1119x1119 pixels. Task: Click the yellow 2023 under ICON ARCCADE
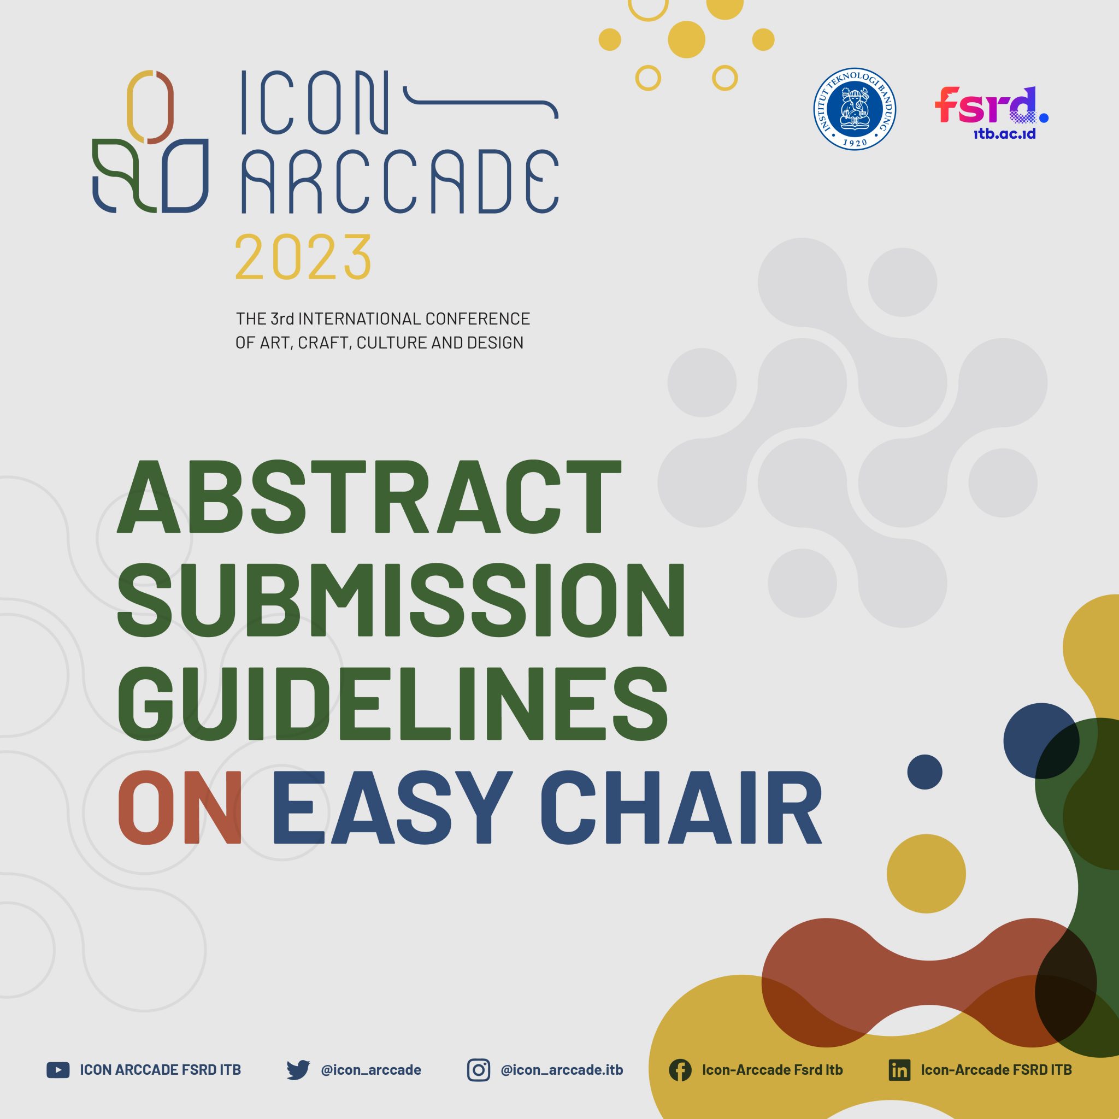pos(303,257)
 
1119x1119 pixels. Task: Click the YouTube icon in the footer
pos(58,1070)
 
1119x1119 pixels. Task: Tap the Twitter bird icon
pos(298,1070)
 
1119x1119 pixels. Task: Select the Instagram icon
pos(479,1070)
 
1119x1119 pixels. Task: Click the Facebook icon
pos(680,1070)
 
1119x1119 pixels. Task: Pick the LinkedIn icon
pos(899,1070)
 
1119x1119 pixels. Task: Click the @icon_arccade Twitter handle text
pos(370,1070)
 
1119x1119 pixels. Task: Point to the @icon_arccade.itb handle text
pos(562,1070)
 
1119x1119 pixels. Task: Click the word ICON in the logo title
pos(313,103)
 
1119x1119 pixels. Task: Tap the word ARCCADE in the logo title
pos(399,181)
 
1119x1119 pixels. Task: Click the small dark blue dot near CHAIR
pos(924,771)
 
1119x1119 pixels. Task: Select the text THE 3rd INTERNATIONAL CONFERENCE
pos(382,319)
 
